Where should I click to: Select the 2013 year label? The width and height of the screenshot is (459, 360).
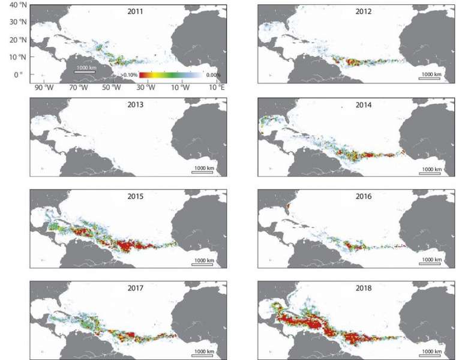pyautogui.click(x=129, y=104)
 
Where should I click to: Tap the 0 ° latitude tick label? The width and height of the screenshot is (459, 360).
pyautogui.click(x=17, y=75)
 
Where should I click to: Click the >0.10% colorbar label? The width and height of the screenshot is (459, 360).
pyautogui.click(x=129, y=75)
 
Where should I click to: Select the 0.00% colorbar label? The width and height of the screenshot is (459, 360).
pyautogui.click(x=212, y=75)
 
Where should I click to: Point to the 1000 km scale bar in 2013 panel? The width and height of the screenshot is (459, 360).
pyautogui.click(x=202, y=170)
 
